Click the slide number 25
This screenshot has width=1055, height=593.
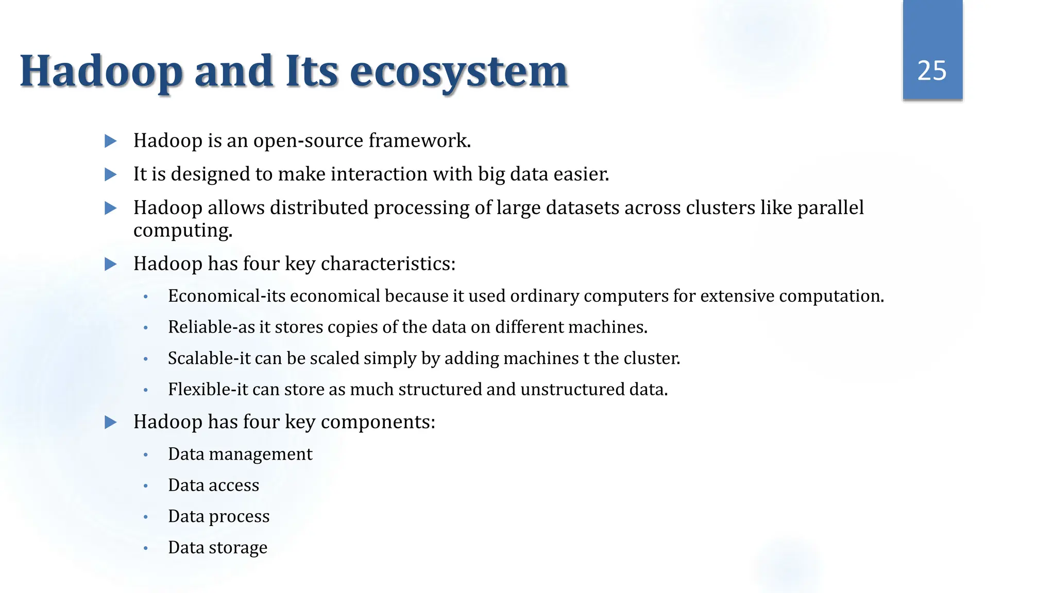[932, 71]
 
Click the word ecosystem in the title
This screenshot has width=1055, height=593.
[458, 72]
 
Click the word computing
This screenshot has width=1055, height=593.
[183, 231]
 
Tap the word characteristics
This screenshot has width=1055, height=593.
[388, 264]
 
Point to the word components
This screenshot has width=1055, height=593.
[378, 422]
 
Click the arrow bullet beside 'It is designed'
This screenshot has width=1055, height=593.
[111, 175]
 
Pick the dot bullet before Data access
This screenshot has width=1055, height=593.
[146, 485]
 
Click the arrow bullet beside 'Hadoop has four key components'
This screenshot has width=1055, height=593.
[111, 423]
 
